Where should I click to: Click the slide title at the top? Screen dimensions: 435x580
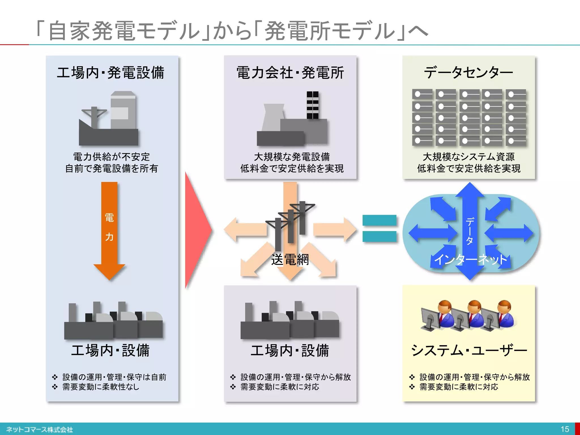(x=232, y=31)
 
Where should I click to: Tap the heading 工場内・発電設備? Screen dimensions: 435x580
(x=110, y=72)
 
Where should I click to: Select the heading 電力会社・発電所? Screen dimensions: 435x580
(x=290, y=72)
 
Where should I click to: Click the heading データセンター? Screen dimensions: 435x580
(x=468, y=72)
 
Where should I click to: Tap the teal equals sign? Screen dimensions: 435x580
(x=379, y=228)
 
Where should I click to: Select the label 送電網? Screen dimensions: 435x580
(x=290, y=259)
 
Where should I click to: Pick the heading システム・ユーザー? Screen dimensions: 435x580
(x=469, y=351)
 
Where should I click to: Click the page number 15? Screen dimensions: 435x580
(x=565, y=429)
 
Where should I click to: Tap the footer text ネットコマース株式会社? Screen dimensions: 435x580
(x=40, y=430)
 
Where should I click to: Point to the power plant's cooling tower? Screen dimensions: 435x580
(x=272, y=118)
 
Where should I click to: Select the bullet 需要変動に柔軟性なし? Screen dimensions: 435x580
(x=101, y=387)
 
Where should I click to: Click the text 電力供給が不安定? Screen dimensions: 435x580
(x=112, y=157)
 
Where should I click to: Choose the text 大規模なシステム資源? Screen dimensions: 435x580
(x=468, y=157)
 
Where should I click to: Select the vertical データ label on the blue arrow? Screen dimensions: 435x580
(x=470, y=231)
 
